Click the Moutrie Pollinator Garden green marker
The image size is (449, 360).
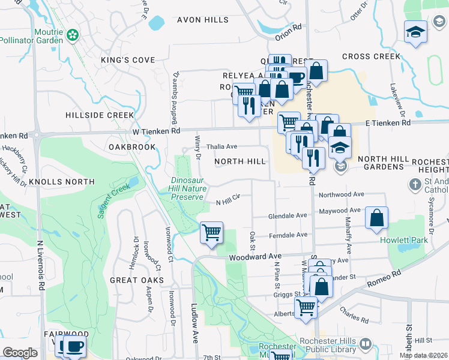[73, 35]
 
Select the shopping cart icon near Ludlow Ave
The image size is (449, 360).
[211, 232]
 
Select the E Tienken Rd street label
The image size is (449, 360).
[388, 122]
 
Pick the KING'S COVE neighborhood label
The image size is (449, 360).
[128, 60]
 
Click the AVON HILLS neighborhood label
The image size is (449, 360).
[202, 20]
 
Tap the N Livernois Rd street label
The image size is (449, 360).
[40, 266]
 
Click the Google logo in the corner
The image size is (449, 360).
[20, 352]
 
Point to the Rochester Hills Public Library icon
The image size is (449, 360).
[365, 344]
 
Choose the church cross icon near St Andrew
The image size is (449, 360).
[414, 185]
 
